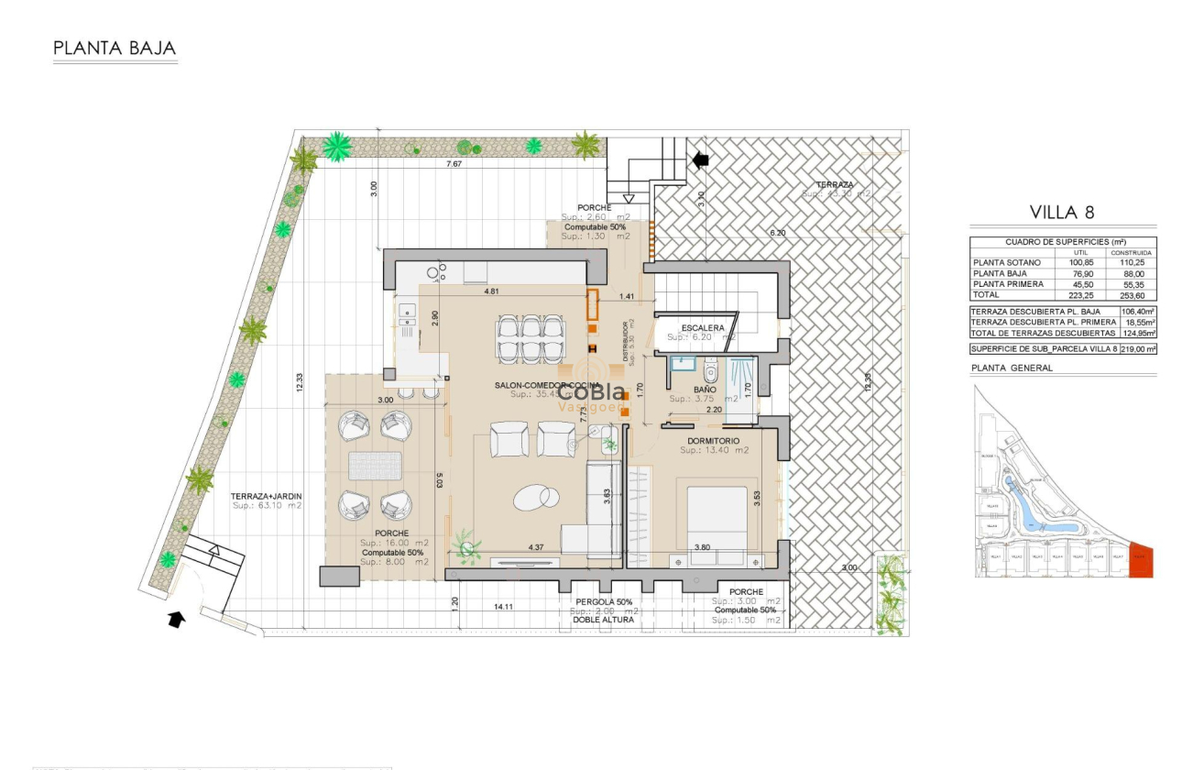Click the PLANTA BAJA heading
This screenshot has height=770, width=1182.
115,49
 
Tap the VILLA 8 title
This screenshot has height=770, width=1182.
1062,213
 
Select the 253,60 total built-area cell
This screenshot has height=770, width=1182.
1131,296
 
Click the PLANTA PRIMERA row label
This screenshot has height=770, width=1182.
1006,284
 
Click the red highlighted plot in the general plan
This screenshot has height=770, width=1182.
1141,560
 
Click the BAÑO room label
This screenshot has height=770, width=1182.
705,390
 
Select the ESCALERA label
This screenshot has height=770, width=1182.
703,327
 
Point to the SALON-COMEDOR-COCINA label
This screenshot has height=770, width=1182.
547,385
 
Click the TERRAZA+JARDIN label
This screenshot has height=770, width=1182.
266,496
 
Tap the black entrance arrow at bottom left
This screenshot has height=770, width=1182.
175,620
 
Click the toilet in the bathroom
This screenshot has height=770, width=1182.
709,372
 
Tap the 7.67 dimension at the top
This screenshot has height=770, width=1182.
454,164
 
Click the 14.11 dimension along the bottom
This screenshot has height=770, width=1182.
503,607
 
